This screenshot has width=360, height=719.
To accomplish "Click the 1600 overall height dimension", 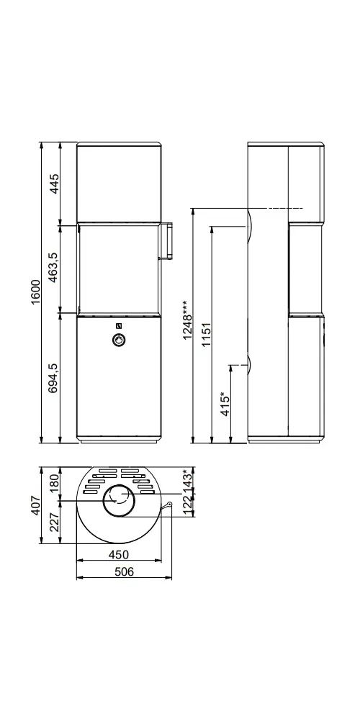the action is point(37,291).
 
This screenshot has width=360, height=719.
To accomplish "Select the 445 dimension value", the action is point(55,184).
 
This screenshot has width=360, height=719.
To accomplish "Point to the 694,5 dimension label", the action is point(55,378).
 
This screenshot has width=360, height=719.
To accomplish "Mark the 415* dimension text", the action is point(225,404).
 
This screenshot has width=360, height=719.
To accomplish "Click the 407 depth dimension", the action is point(37,505).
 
